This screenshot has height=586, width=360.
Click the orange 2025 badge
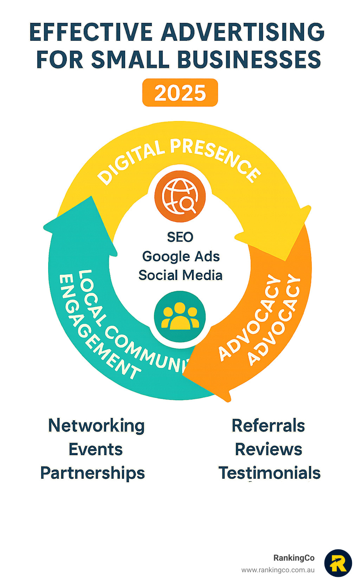click(180, 93)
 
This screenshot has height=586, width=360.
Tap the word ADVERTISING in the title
click(243, 32)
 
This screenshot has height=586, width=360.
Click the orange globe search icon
click(180, 196)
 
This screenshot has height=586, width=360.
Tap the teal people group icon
click(180, 316)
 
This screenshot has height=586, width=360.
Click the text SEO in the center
click(180, 237)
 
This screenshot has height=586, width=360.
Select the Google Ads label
click(181, 256)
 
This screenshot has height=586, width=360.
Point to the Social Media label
click(180, 275)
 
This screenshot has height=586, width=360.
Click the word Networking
click(96, 426)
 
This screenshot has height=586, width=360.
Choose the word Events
click(96, 449)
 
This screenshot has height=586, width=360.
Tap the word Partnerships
click(93, 473)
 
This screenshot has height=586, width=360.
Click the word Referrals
click(268, 426)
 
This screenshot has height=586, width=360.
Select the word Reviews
click(269, 449)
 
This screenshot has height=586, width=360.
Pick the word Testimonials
click(270, 473)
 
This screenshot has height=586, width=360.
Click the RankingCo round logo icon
click(338, 563)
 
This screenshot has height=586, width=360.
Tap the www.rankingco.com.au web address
click(278, 570)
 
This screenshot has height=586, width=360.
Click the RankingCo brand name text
click(294, 558)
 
